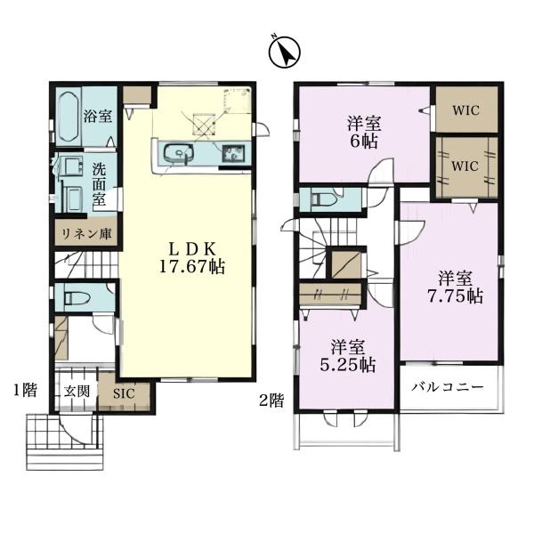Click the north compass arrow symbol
pos(285,53)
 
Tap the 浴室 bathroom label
pos(98,117)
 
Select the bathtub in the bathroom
pos(69,117)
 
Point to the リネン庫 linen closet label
pos(86,234)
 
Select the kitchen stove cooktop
pos(233,153)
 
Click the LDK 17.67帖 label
pos(192,258)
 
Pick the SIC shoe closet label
pos(124,393)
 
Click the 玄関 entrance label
pos(77,392)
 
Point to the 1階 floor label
pos(25,391)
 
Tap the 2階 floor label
pos(271,400)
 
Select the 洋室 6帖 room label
pos(364,133)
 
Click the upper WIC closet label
pos(465,110)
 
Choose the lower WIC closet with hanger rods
pos(466,167)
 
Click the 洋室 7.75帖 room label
pos(456,287)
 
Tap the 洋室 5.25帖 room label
pos(348,356)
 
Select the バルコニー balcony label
pos(448,387)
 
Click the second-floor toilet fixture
pos(324,200)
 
